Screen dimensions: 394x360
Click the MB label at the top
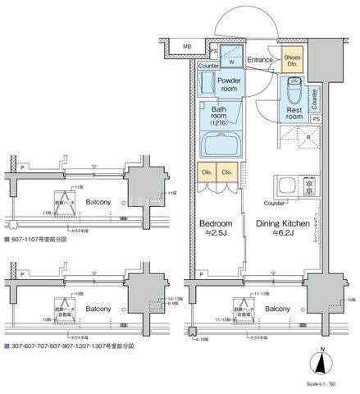[x=186, y=47]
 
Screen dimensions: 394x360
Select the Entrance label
[x=260, y=59]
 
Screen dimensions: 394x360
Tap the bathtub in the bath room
[x=220, y=148]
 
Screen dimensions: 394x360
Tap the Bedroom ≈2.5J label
[x=216, y=228]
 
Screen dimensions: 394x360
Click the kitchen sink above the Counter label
[x=288, y=185]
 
